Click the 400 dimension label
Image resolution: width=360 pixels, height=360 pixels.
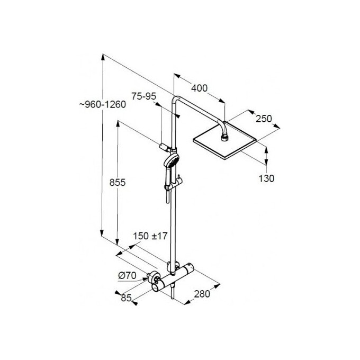[x=200, y=88]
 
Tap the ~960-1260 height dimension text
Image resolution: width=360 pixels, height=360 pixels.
[x=102, y=104]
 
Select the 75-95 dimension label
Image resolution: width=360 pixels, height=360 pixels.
[x=143, y=96]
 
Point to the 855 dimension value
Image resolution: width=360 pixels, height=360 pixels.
[x=118, y=183]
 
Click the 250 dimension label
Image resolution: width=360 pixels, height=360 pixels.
[x=264, y=119]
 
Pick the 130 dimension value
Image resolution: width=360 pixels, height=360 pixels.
[x=267, y=178]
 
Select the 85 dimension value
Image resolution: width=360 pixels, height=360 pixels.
[x=125, y=298]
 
